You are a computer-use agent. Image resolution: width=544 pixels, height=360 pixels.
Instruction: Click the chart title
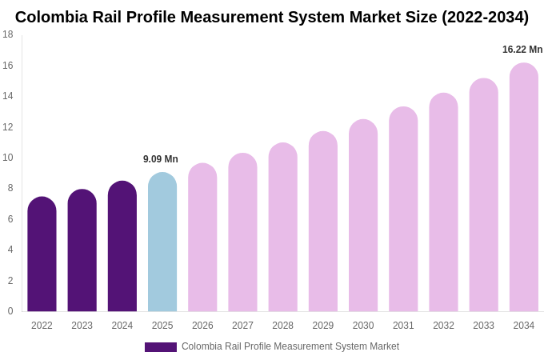(x=272, y=17)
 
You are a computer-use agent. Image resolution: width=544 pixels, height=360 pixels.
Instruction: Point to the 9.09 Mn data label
(x=161, y=159)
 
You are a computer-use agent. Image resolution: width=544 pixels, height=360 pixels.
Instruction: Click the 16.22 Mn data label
(x=522, y=50)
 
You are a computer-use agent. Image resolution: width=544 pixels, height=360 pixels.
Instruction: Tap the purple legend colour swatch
(x=160, y=347)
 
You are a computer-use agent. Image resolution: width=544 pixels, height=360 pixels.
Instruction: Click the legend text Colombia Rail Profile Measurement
(x=290, y=346)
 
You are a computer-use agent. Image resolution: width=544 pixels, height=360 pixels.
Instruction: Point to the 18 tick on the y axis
(x=8, y=34)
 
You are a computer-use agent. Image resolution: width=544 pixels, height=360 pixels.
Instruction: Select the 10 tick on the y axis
(x=8, y=158)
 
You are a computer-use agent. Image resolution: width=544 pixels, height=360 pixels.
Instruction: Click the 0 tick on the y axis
(x=10, y=311)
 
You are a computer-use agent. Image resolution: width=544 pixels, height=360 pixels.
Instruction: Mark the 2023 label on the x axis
(x=82, y=326)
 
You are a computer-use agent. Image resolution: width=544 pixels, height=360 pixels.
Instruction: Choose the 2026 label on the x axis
(x=202, y=326)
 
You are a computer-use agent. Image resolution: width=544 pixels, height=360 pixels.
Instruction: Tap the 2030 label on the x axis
(x=363, y=326)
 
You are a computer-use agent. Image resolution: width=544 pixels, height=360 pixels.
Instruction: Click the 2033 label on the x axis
(x=483, y=326)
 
